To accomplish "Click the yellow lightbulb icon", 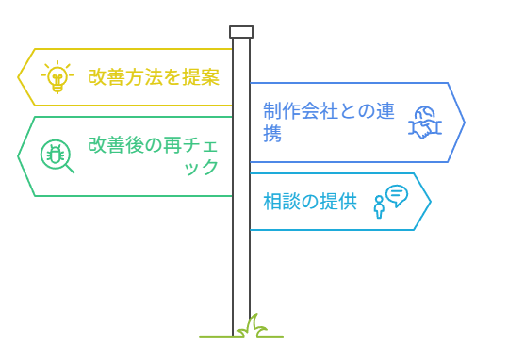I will (57, 77).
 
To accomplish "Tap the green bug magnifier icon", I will (57, 155).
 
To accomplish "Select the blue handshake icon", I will (425, 123).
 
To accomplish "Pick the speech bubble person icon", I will (390, 200).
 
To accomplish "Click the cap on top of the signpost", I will (241, 32).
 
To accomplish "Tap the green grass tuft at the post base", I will (251, 327).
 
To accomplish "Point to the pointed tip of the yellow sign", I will (19, 77).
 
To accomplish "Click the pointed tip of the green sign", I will (19, 155).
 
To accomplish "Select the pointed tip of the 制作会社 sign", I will (464, 123).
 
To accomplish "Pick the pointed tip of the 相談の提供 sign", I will (430, 201).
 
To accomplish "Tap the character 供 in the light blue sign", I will (348, 201).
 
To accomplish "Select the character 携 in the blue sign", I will (272, 134).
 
